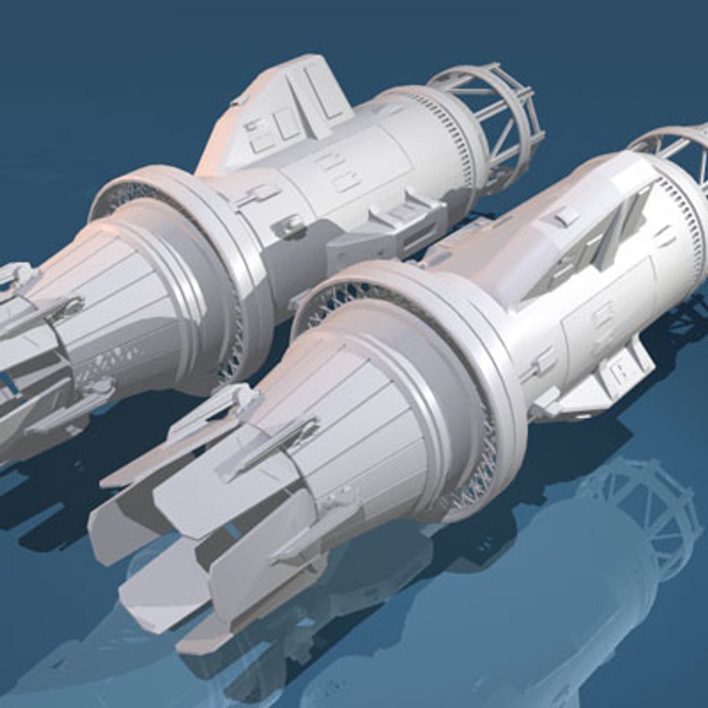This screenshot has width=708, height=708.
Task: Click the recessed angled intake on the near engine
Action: tap(590, 249)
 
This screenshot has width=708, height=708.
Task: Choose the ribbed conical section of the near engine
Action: tap(367, 420)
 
